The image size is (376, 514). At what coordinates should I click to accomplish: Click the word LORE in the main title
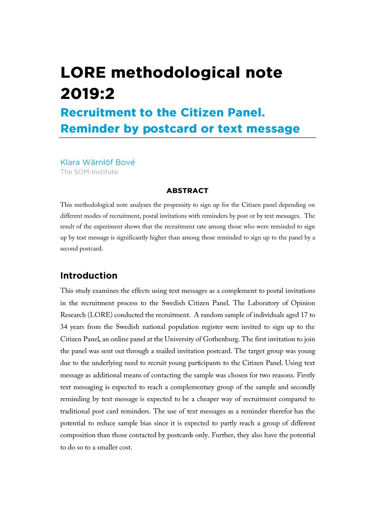pyautogui.click(x=83, y=73)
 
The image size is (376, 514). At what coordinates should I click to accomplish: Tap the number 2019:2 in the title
pyautogui.click(x=87, y=94)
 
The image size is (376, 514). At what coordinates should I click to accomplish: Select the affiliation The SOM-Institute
pyautogui.click(x=89, y=172)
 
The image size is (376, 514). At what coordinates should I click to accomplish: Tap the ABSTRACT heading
pyautogui.click(x=187, y=191)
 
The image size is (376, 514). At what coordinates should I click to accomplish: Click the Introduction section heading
pyautogui.click(x=89, y=275)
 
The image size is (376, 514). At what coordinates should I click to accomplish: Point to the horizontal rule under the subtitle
pyautogui.click(x=188, y=138)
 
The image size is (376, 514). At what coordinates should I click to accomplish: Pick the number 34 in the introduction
pyautogui.click(x=65, y=327)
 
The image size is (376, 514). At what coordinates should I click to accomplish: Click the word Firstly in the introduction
pyautogui.click(x=306, y=375)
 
